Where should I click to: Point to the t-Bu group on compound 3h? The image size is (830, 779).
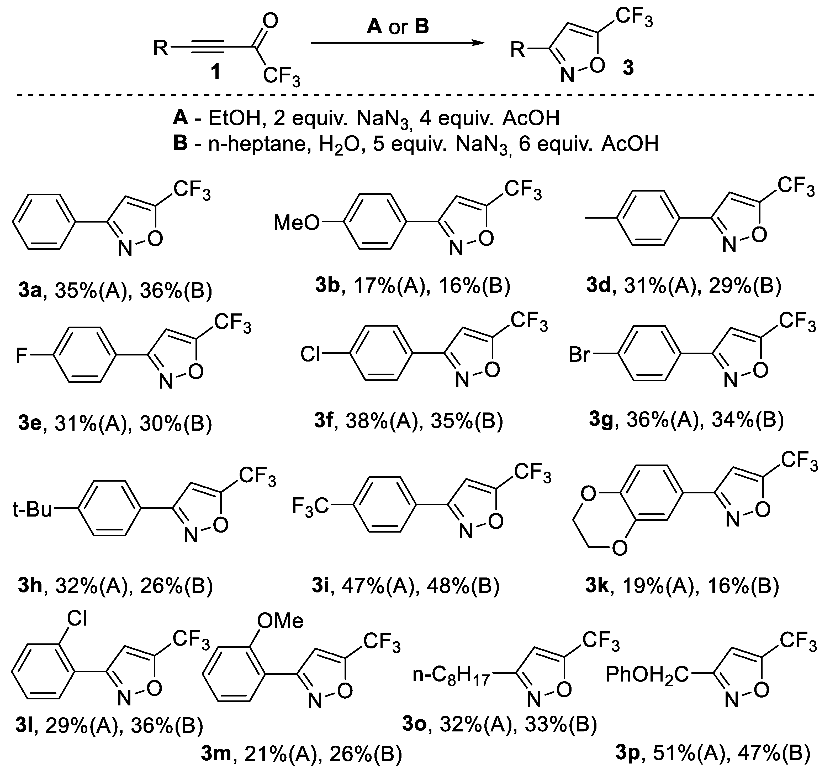32,510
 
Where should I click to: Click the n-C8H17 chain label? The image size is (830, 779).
451,675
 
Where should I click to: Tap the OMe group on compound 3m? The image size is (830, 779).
280,621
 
